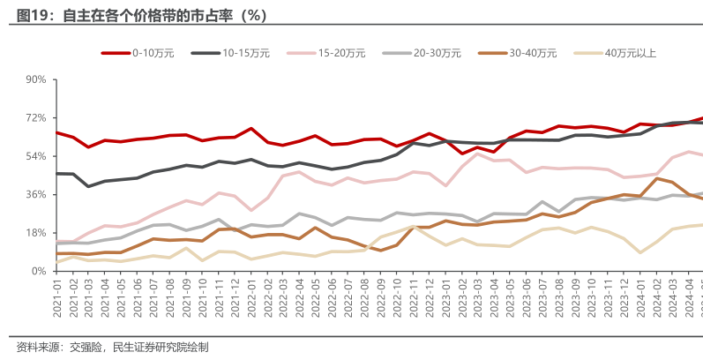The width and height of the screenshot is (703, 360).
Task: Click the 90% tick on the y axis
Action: tap(35, 79)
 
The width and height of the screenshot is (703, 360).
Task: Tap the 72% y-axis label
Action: tap(35, 117)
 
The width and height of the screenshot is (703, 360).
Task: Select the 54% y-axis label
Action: tap(35, 156)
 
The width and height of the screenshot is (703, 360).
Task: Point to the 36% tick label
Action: tap(35, 194)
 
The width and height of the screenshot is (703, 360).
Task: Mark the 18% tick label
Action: tap(35, 233)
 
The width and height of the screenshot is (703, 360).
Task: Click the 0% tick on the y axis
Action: tap(39, 271)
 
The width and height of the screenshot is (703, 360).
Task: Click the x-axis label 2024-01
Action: tap(638, 295)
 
